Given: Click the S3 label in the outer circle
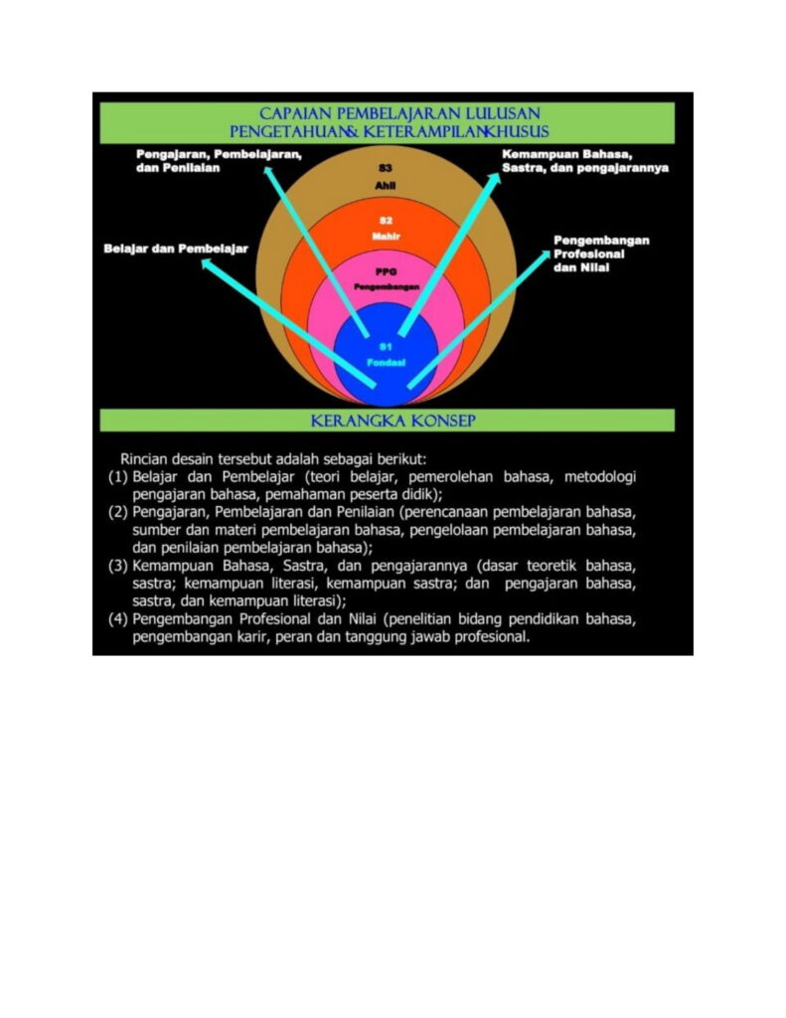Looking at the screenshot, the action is click(386, 168).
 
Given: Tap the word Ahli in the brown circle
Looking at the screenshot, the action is click(386, 186).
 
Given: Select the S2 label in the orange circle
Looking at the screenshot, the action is click(386, 221).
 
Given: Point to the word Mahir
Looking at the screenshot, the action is click(386, 237).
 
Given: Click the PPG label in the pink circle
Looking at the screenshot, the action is click(386, 271).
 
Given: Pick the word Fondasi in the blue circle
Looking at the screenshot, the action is click(387, 362).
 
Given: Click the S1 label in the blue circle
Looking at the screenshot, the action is click(387, 347).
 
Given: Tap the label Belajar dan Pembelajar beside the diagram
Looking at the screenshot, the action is click(176, 249).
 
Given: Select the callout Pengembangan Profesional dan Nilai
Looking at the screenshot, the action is click(601, 254).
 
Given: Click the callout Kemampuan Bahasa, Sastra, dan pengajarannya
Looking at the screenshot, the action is click(585, 161).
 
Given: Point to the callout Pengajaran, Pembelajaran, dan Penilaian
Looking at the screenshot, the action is click(219, 161).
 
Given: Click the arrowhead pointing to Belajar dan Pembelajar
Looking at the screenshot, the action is click(207, 262).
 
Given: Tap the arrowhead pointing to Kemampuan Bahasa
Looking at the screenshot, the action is click(495, 178).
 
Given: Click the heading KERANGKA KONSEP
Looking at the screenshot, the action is click(393, 421).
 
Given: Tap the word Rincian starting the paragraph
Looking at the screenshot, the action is click(143, 459).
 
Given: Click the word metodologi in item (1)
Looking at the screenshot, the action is click(600, 478).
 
